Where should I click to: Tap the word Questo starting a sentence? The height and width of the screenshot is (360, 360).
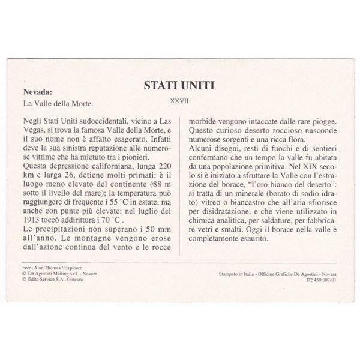tap(201, 130)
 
